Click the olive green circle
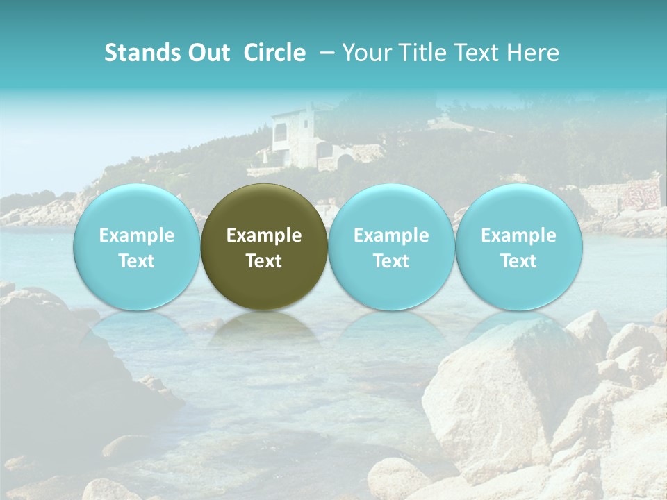click(264, 247)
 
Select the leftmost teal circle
click(137, 247)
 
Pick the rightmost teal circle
click(518, 247)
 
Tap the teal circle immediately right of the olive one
click(391, 247)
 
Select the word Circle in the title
click(274, 53)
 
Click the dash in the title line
click(324, 53)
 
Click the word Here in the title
click(533, 53)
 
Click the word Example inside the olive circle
click(264, 235)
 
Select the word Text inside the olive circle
click(264, 261)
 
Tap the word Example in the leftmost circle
click(137, 235)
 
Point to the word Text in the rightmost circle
click(518, 261)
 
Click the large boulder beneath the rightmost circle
click(500, 389)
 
